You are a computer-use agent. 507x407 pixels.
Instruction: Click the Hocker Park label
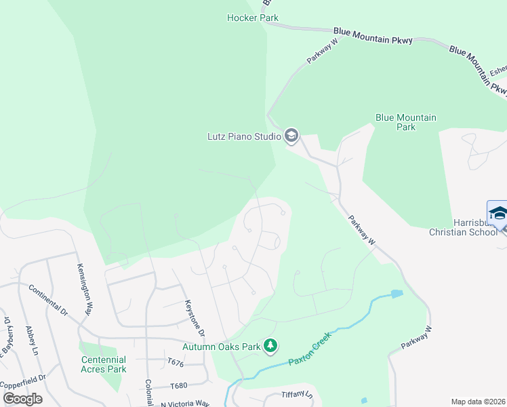(252, 18)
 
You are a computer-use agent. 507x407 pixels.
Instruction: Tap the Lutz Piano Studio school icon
(291, 136)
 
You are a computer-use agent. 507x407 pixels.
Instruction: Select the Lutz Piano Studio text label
(243, 136)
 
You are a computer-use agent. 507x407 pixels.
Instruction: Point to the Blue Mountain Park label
(405, 122)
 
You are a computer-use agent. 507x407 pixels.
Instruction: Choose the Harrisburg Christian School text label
(468, 227)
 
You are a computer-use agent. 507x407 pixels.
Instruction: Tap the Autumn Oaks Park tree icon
(270, 347)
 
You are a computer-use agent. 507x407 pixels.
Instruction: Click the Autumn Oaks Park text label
(222, 347)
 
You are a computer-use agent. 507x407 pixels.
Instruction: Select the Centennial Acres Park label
(104, 364)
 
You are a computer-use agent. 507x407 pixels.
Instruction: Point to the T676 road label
(176, 364)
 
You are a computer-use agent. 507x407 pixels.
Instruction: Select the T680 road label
(178, 385)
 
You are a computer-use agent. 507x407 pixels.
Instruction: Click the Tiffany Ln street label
(297, 395)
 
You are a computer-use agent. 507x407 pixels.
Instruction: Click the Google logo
(22, 399)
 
